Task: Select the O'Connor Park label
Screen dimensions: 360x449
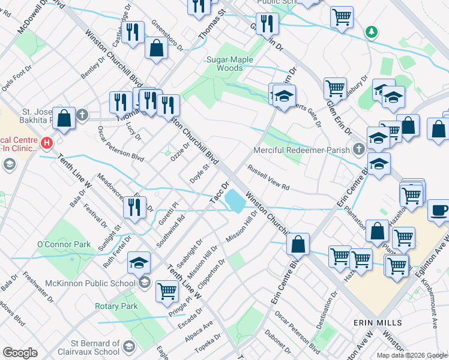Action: click(64, 244)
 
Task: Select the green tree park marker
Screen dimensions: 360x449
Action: click(372, 31)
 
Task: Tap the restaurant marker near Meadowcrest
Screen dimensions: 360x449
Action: click(134, 208)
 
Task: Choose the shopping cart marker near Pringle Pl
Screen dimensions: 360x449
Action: click(167, 292)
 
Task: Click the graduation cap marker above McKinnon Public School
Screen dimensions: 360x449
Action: click(139, 262)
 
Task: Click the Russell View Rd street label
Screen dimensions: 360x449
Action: click(268, 178)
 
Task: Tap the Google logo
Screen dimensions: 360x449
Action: click(20, 353)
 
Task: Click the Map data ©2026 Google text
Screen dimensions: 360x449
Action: click(412, 355)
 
